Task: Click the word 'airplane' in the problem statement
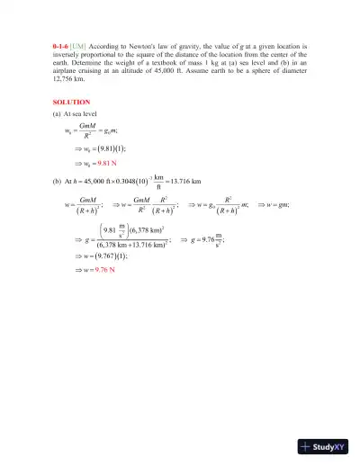(69, 70)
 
